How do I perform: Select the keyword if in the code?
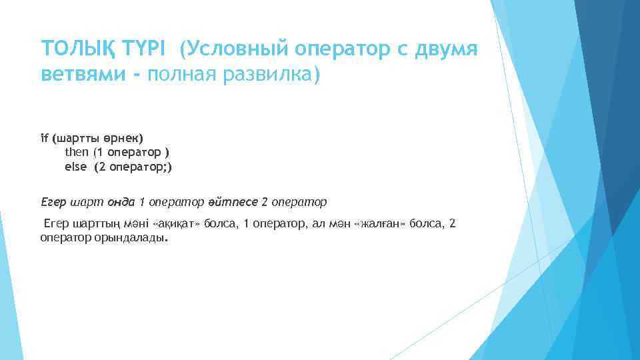tap(44, 138)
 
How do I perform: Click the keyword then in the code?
tap(75, 153)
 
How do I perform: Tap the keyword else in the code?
tap(75, 167)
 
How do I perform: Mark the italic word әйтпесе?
tap(237, 201)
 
